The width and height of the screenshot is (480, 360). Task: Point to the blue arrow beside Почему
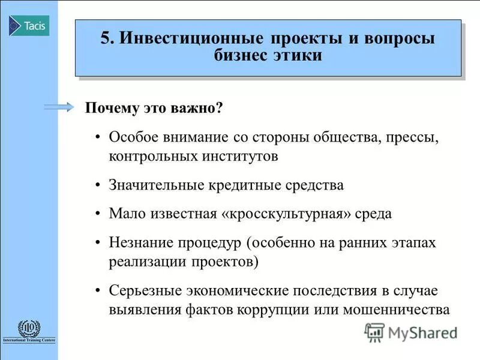[59, 107]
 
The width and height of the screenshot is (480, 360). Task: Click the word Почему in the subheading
[109, 109]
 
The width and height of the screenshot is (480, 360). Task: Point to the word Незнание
[141, 242]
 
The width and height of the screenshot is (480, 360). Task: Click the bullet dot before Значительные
[98, 185]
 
